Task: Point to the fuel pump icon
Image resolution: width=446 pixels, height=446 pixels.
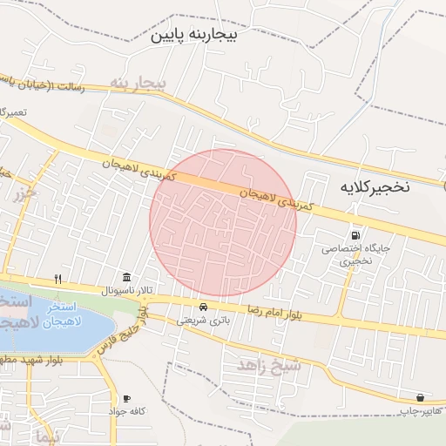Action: pos(355,235)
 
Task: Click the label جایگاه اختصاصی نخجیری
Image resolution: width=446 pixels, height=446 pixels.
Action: pos(356,253)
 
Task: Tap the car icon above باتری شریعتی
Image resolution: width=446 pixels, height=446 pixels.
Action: pos(204,307)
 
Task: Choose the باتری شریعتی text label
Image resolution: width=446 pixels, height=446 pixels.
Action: pos(203,321)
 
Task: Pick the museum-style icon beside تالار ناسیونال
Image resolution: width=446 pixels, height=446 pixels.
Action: pos(128,277)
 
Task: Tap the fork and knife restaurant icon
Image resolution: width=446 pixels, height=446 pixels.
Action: pos(58,279)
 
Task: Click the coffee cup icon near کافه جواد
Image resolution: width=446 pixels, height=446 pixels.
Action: pos(128,397)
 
